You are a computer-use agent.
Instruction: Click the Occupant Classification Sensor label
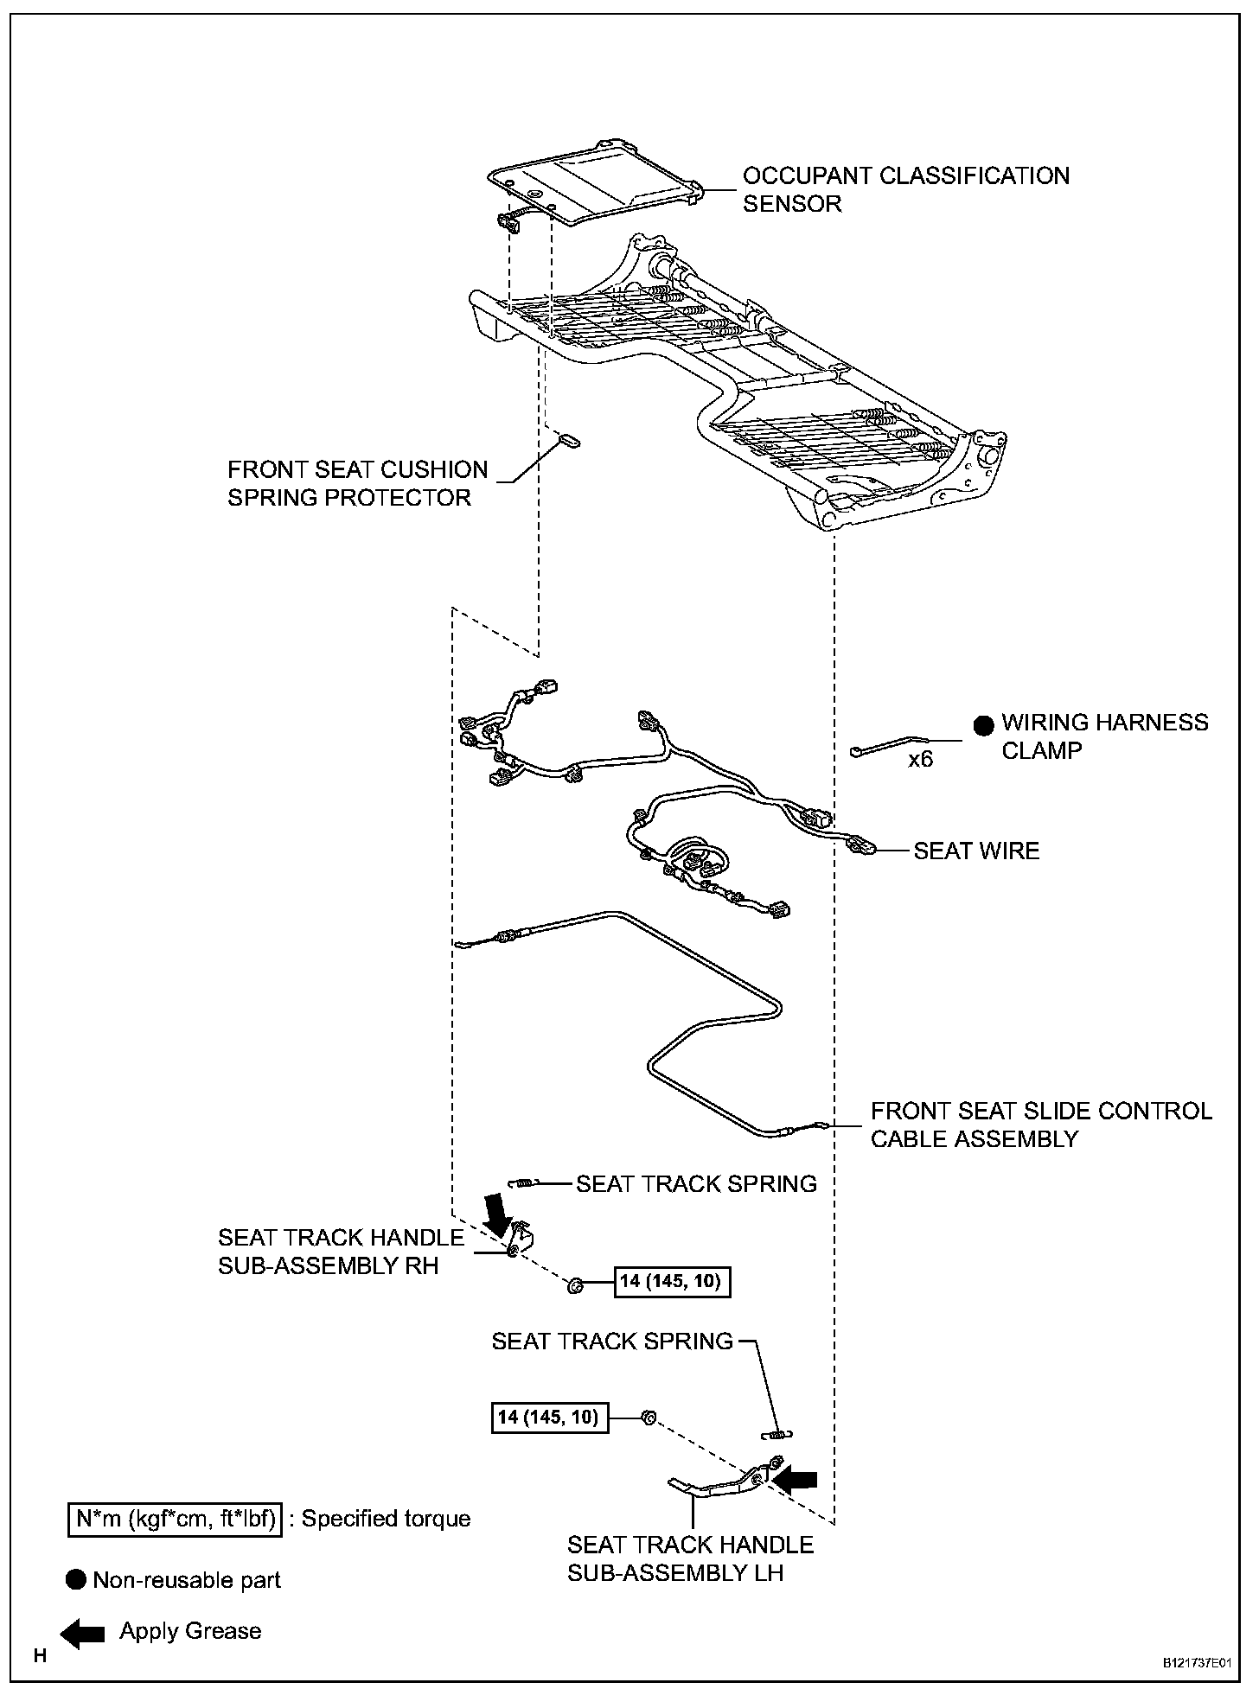[x=905, y=189]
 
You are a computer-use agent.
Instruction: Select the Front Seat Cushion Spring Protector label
[x=357, y=483]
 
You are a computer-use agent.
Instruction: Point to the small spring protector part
[x=569, y=442]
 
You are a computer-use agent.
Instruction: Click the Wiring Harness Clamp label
[x=1104, y=736]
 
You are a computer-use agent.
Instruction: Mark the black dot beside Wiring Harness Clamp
[x=983, y=725]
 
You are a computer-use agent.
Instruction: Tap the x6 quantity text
[x=920, y=760]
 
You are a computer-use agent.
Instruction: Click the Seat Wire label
[x=976, y=851]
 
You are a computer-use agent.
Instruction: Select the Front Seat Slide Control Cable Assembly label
[x=1041, y=1124]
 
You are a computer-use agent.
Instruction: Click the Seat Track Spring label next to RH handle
[x=696, y=1183]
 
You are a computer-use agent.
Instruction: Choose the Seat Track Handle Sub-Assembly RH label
[x=341, y=1252]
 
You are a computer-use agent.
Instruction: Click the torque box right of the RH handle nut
[x=672, y=1280]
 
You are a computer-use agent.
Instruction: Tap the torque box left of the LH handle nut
[x=549, y=1418]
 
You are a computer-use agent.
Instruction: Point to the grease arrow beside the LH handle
[x=795, y=1480]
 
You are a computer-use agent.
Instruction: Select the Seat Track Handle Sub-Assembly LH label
[x=690, y=1558]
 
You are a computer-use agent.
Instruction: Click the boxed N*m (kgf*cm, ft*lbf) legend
[x=175, y=1518]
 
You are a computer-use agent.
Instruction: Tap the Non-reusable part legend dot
[x=76, y=1580]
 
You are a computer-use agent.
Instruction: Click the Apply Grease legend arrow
[x=82, y=1632]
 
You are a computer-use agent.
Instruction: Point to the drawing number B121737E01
[x=1197, y=1662]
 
